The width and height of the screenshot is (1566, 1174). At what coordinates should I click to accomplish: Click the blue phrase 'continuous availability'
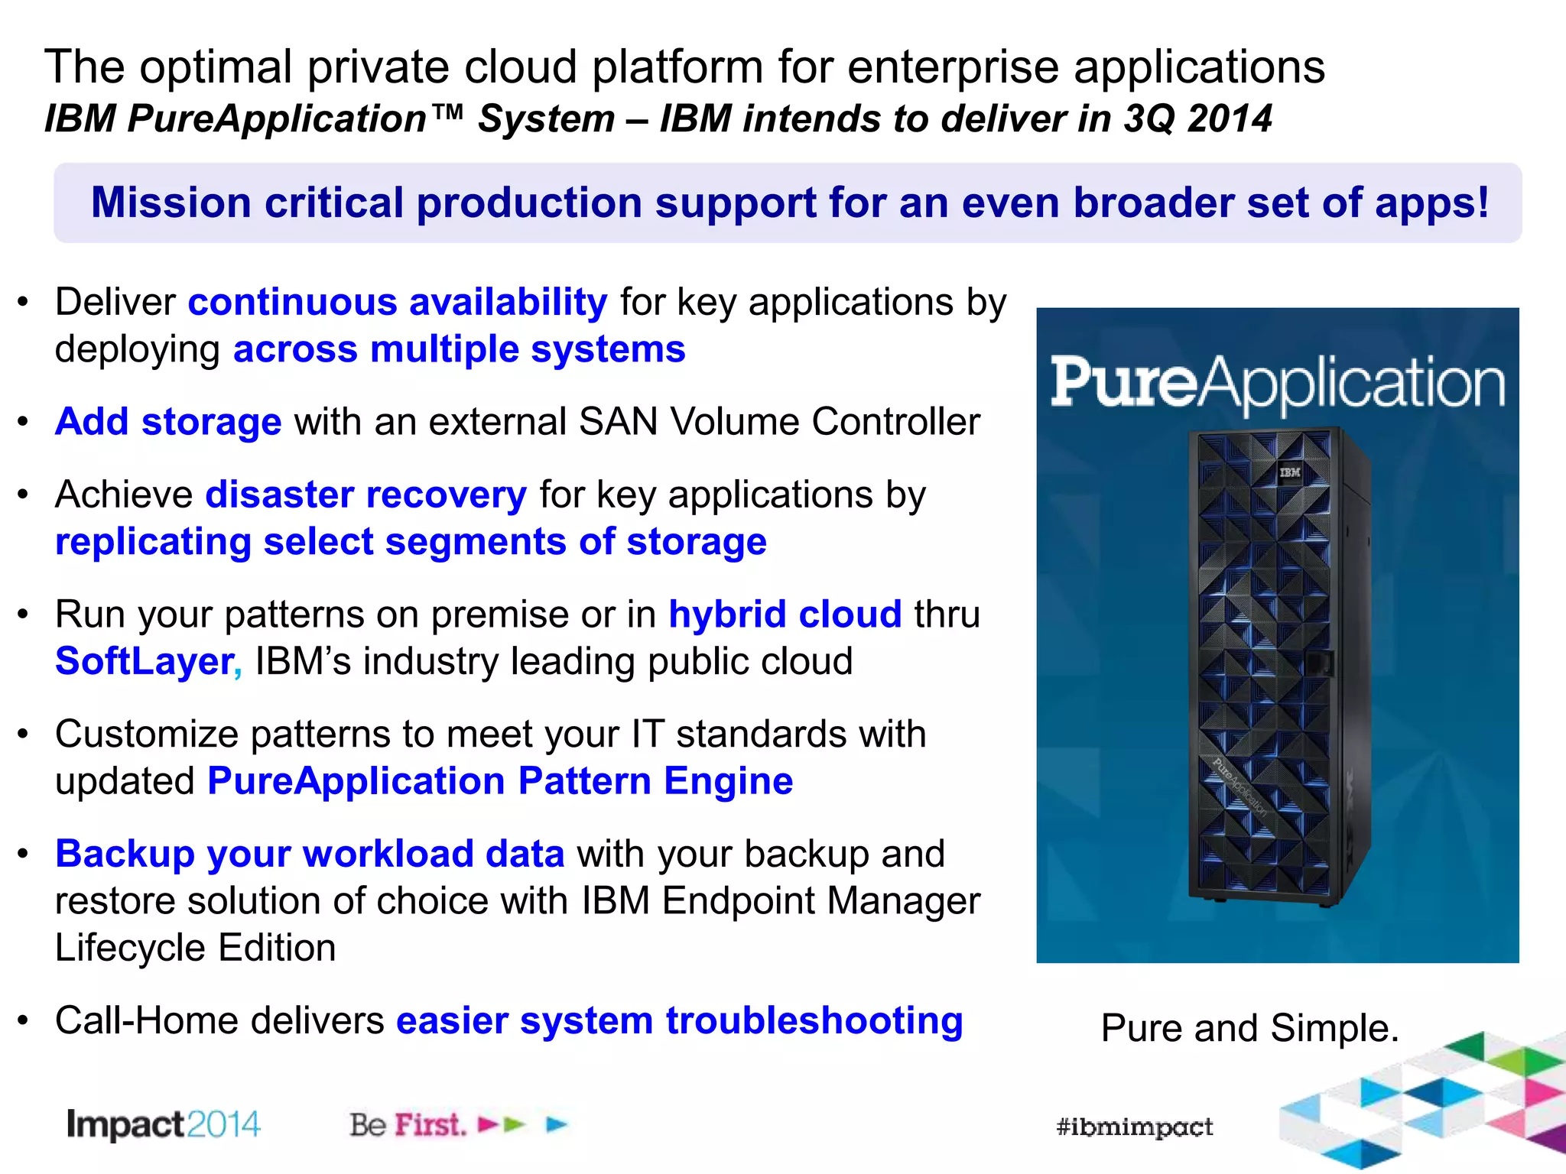[x=398, y=303]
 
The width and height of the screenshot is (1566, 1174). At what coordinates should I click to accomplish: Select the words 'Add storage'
[x=168, y=422]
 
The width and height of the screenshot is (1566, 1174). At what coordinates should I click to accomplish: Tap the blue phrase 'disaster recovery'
[x=366, y=495]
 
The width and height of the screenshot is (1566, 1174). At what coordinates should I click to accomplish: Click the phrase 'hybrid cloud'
[x=785, y=615]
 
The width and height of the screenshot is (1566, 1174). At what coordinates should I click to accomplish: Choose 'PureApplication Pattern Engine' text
[x=500, y=781]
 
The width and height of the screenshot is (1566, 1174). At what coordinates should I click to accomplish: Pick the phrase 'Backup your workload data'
[x=310, y=855]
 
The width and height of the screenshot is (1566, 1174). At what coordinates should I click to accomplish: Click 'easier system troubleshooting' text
[x=679, y=1021]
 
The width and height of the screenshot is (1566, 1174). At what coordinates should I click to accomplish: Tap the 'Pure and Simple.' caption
[x=1249, y=1028]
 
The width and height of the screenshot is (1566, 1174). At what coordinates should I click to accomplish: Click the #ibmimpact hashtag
[x=1134, y=1127]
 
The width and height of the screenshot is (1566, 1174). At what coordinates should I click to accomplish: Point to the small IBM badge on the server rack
[x=1290, y=472]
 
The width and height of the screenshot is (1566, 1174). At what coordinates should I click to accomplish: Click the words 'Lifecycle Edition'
[x=195, y=949]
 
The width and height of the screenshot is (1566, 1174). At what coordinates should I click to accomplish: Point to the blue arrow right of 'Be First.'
[x=557, y=1124]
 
